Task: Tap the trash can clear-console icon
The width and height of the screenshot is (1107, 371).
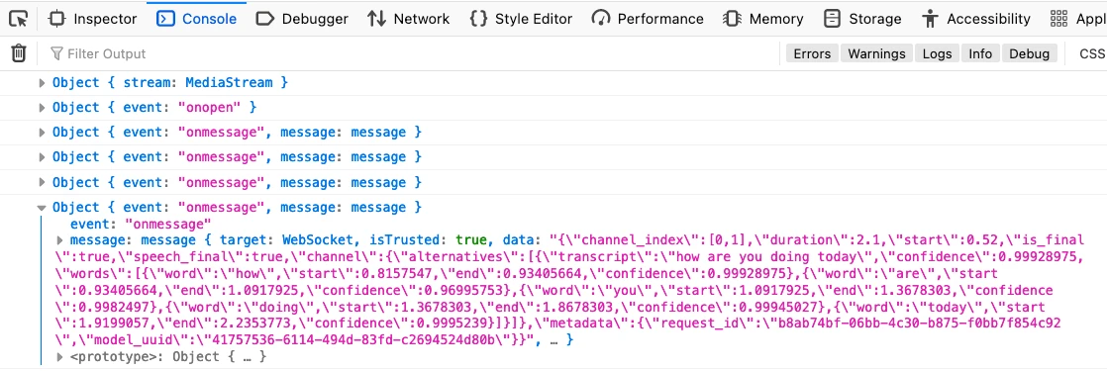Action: [x=18, y=53]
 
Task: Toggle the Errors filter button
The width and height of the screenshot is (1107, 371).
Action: [x=812, y=53]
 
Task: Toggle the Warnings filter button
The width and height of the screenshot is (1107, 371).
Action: [x=876, y=53]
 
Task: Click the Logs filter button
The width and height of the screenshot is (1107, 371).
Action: [x=937, y=53]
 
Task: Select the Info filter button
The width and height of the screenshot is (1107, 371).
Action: [x=980, y=53]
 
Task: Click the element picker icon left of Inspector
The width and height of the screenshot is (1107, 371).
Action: [x=18, y=19]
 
